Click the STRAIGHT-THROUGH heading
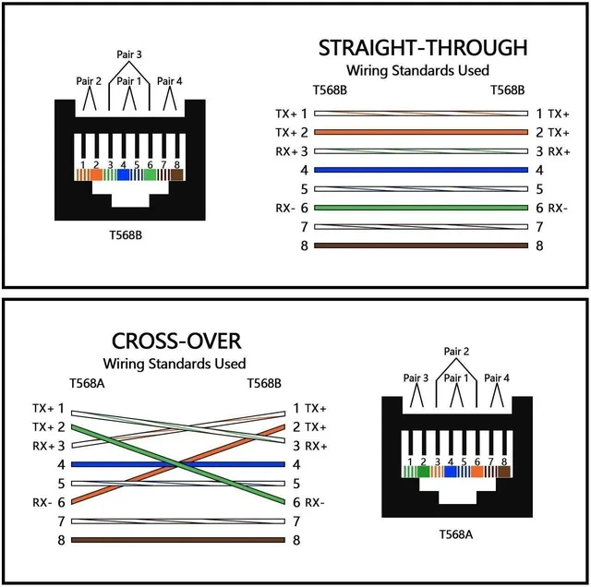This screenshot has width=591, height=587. point(423,48)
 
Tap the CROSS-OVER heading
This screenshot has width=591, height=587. point(176,341)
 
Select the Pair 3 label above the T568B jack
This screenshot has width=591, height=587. point(129,54)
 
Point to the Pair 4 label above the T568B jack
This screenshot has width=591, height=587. point(169,81)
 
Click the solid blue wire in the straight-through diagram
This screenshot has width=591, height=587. point(421,170)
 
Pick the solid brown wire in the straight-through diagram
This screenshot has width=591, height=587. point(421,246)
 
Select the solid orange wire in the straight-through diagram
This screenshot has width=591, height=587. point(421,132)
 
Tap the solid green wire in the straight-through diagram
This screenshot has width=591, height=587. point(421,208)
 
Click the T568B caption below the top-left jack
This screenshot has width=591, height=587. point(126,235)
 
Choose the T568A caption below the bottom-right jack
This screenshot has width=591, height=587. point(455,534)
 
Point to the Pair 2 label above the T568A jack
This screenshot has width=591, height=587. point(456,351)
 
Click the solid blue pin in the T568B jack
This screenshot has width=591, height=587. point(123,174)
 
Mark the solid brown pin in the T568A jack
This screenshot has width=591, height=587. point(504,472)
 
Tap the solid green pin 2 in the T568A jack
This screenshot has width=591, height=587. point(423,472)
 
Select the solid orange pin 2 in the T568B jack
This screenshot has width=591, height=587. point(96,174)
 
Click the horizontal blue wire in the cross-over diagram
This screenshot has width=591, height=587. point(178,464)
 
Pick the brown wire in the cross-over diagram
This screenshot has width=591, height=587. point(178,540)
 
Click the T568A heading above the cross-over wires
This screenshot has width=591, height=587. point(87,383)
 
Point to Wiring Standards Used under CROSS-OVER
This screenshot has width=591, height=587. point(175,364)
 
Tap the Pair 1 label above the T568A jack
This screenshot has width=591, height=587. point(456,377)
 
